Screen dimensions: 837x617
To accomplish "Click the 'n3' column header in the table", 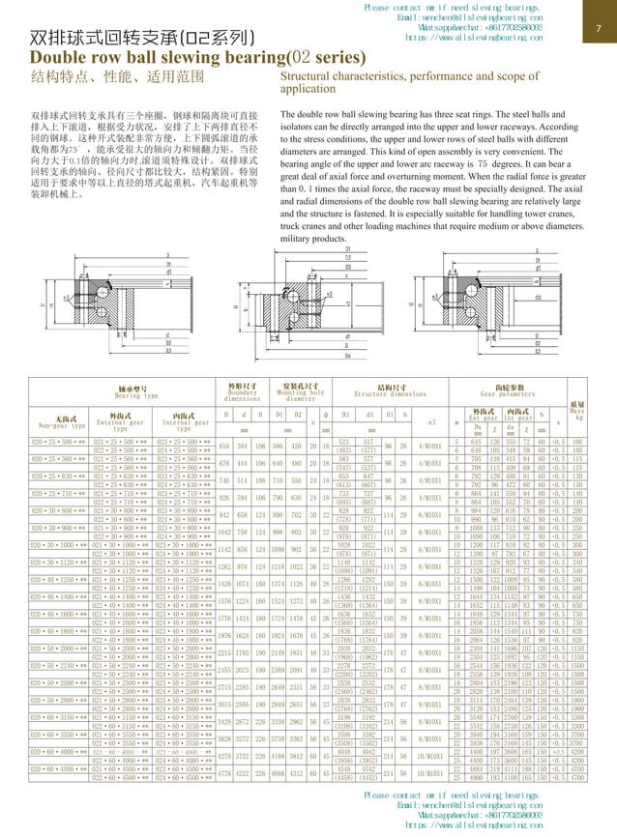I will coord(429,423).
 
